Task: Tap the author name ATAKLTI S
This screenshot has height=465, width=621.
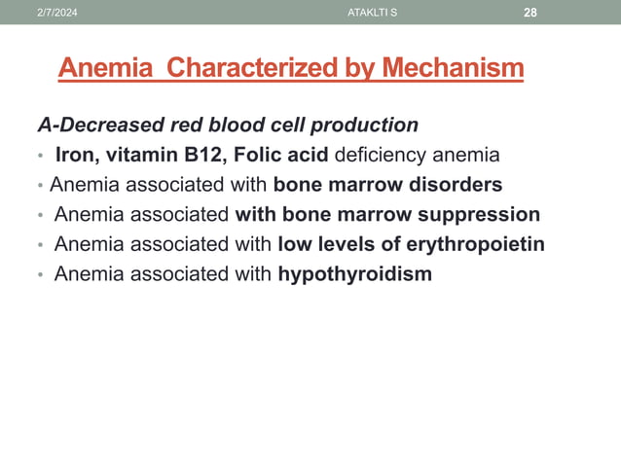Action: [x=371, y=11]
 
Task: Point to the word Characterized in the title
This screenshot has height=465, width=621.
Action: [x=258, y=69]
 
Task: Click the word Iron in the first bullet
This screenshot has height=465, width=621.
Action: [x=76, y=155]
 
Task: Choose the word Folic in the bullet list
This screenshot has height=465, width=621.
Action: [x=261, y=155]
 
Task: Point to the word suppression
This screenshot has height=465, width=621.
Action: [x=475, y=215]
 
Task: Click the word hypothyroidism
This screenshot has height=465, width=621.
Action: [x=354, y=274]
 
